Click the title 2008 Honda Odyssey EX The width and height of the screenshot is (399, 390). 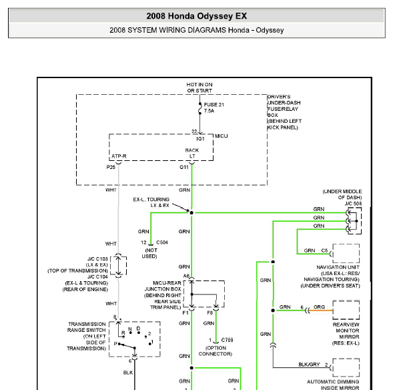coord(196,16)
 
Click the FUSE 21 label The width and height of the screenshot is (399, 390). coord(214,105)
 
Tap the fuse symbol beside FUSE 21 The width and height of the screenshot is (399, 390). coord(200,108)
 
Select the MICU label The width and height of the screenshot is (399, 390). coord(221,136)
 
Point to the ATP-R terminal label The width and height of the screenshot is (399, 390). coord(119,156)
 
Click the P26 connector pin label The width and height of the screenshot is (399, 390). coord(111,167)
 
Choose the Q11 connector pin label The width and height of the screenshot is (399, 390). coord(184,167)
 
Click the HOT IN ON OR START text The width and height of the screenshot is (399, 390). coord(199,87)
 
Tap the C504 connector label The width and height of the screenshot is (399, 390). coord(162,242)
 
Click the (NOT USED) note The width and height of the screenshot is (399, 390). coord(149,253)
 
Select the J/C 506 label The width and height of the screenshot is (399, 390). coord(353,204)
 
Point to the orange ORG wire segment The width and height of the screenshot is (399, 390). coord(321,311)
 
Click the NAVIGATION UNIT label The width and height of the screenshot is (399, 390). coord(338,267)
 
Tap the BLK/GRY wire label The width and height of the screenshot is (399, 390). coord(309,365)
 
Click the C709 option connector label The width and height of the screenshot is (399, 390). coord(228,340)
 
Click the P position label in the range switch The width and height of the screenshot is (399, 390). coord(115,344)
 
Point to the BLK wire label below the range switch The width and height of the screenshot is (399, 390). coord(128,373)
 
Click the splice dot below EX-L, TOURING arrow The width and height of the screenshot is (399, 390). coord(191,213)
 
